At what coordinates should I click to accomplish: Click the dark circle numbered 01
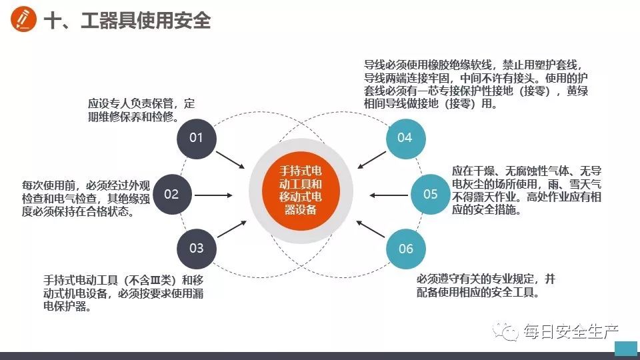pos(196,139)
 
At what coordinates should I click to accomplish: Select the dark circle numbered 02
pos(172,195)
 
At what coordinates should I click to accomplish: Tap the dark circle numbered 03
pos(196,249)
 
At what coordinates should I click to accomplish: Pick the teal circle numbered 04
pos(406,139)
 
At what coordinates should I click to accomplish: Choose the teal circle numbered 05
pos(430,195)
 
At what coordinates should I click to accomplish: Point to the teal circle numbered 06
pos(406,249)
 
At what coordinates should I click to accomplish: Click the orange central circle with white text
pos(301,191)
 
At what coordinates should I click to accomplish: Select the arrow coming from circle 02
pos(213,195)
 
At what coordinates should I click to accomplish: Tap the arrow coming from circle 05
pos(389,195)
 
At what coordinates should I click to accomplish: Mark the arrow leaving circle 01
pos(230,160)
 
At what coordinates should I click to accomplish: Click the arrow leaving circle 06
pos(371,229)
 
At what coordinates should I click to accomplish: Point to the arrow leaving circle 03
pos(232,229)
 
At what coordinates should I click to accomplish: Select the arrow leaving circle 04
pos(371,160)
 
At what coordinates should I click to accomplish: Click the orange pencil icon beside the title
pos(23,19)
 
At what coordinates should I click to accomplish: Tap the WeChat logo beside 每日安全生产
pos(505,331)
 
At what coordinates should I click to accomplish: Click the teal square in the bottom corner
pos(626,348)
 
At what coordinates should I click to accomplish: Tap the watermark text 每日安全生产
pos(571,331)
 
